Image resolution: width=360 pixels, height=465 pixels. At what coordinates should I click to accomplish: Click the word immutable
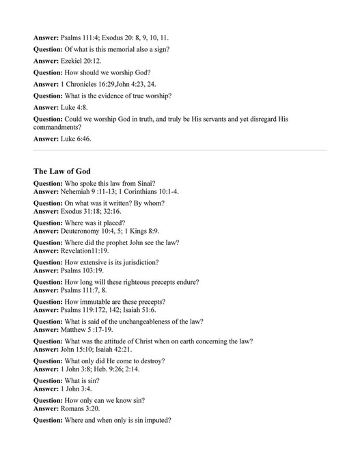coord(97,301)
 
